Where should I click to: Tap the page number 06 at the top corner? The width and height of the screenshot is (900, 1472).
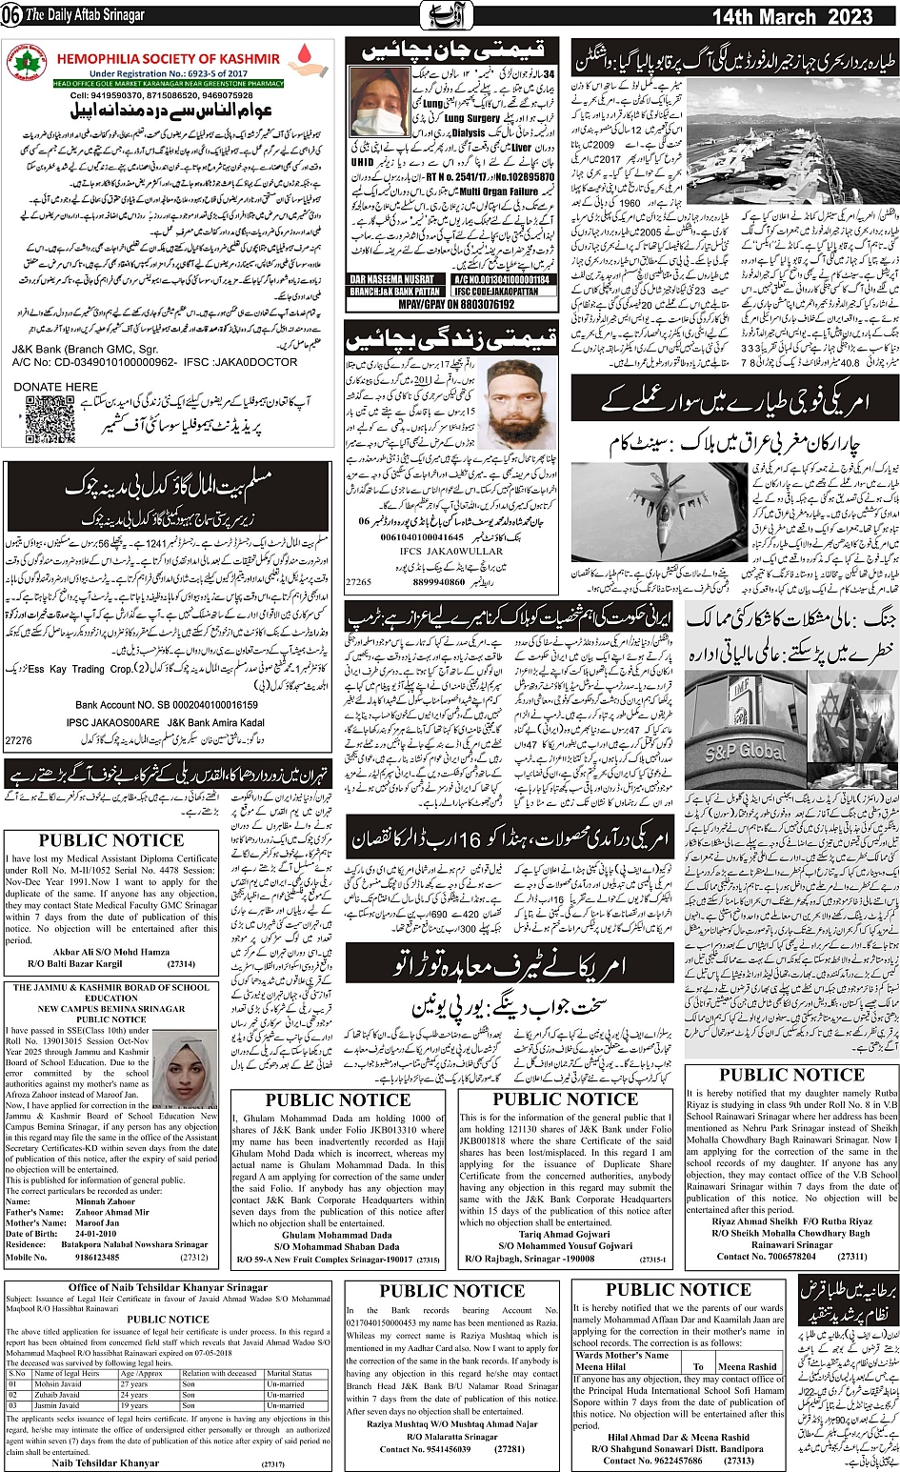pos(12,16)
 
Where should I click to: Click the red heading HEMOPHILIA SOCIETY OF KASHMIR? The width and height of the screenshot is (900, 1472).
pos(168,59)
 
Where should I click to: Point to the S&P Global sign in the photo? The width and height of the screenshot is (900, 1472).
pos(745,750)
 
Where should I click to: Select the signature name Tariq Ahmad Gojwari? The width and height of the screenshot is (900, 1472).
pos(565,1234)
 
